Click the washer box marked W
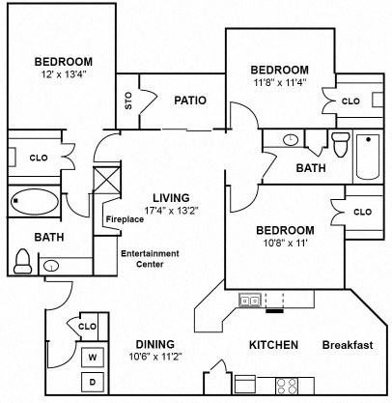coord(94,358)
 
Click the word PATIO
coord(190,100)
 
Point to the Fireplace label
coord(125,219)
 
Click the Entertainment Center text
coord(146,259)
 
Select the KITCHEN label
coord(273,345)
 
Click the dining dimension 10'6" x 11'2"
coord(151,357)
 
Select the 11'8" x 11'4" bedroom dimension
coord(279,83)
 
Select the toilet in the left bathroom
coord(22,260)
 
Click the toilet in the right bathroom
coord(339,145)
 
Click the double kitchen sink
coord(250,302)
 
